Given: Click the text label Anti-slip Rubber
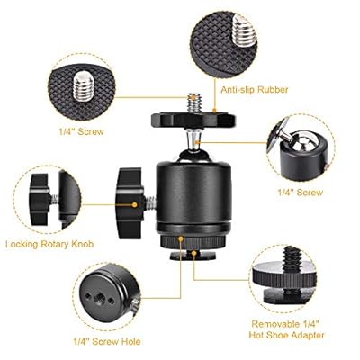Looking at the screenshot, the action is [x=255, y=90].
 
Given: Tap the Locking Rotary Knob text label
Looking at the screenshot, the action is [x=49, y=244].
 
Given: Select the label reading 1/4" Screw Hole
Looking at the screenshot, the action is [x=107, y=342].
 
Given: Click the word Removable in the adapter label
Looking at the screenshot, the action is [x=275, y=324].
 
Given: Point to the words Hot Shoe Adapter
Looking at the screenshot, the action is [x=287, y=335].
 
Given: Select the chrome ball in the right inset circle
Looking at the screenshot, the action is [x=303, y=144].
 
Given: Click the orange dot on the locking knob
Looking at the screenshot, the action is [x=135, y=205].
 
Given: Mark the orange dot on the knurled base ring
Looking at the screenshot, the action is [x=181, y=238].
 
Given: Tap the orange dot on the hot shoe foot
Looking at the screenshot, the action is [x=194, y=254].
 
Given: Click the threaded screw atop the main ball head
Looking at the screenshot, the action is [x=194, y=103].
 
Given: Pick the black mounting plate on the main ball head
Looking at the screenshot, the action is [x=193, y=121].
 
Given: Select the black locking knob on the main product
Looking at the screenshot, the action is [x=130, y=203].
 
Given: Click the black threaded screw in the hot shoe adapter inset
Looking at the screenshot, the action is [x=291, y=258].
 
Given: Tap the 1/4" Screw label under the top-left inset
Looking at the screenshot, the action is [x=81, y=131].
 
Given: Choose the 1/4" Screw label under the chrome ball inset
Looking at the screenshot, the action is [x=301, y=193].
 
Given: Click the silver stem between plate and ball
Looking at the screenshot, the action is [x=193, y=140].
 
